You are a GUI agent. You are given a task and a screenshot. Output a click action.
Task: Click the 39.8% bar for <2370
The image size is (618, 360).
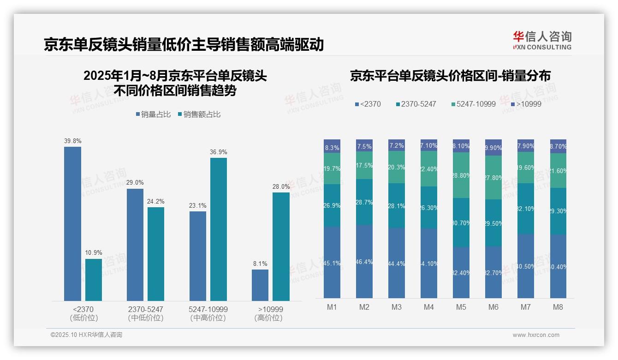pos(72,224)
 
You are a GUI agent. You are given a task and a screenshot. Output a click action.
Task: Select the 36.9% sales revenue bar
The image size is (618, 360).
pos(219,229)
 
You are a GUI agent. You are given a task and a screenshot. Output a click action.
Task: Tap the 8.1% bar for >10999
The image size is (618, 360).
pos(260,285)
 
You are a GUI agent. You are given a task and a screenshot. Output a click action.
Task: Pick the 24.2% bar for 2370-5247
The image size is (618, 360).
pos(156,254)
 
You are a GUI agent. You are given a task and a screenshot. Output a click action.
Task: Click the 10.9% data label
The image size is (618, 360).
pos(94,253)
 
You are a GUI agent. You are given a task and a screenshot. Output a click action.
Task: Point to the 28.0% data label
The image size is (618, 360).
pos(281,186)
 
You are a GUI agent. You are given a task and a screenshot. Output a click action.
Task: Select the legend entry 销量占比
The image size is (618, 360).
pos(153,114)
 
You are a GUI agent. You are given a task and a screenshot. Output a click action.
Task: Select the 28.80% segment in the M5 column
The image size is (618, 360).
pos(461,175)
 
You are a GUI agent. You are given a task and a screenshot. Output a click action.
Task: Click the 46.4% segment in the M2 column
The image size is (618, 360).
pos(364,261)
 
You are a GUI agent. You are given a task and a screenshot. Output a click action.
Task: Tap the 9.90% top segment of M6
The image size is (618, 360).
pos(493,148)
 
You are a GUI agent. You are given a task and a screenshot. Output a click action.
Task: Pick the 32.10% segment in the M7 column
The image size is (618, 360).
pos(526,209)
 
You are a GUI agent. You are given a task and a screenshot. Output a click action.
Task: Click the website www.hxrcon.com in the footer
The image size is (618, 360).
pos(536,335)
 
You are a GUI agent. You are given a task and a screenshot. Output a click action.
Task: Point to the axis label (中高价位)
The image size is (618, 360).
pos(208,318)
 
